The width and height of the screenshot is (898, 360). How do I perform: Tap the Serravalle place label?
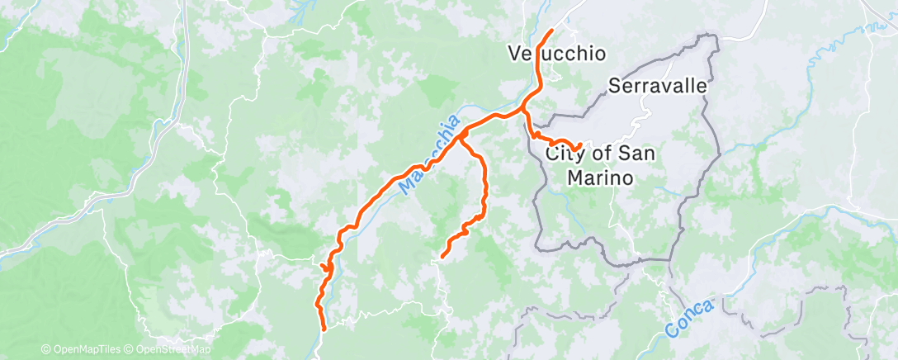[658, 85]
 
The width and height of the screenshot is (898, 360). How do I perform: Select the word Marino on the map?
[600, 177]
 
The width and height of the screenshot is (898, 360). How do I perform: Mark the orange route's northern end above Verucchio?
[551, 31]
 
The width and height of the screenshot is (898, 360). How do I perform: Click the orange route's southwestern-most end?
[323, 329]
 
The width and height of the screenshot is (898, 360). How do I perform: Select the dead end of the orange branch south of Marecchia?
[443, 256]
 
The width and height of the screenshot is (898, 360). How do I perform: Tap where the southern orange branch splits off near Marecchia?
[461, 133]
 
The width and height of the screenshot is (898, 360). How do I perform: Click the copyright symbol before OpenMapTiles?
[45, 350]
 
